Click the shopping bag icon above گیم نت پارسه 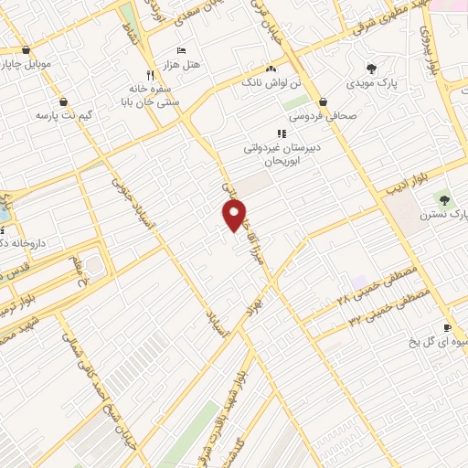(62, 101)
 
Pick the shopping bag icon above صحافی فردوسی (324, 101)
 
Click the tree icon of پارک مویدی (370, 69)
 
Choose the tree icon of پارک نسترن (445, 199)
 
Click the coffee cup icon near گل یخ (447, 328)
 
